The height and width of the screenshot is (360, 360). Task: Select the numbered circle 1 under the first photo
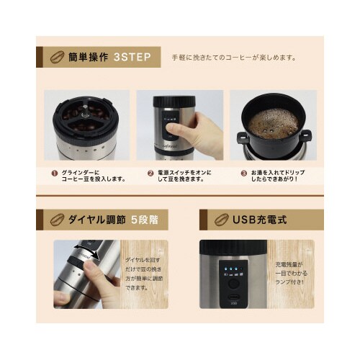pos(53,174)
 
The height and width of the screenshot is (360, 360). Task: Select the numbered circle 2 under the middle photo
pos(150,174)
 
